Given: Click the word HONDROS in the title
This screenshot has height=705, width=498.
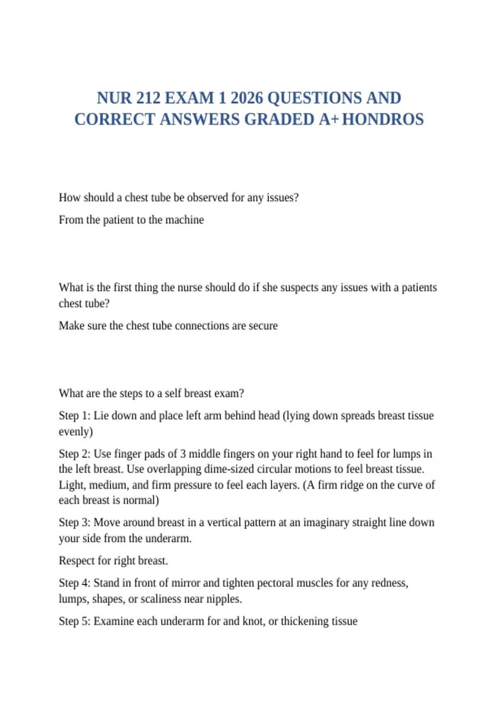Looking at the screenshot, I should [383, 119].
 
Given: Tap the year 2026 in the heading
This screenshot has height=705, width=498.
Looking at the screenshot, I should [247, 98].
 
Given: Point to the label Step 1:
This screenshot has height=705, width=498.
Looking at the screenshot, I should [74, 416].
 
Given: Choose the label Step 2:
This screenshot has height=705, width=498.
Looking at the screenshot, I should [74, 454].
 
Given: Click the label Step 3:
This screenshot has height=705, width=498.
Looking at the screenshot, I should [74, 523].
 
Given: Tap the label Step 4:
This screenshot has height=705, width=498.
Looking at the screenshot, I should [74, 583].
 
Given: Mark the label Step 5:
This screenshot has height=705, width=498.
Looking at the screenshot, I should [74, 621].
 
